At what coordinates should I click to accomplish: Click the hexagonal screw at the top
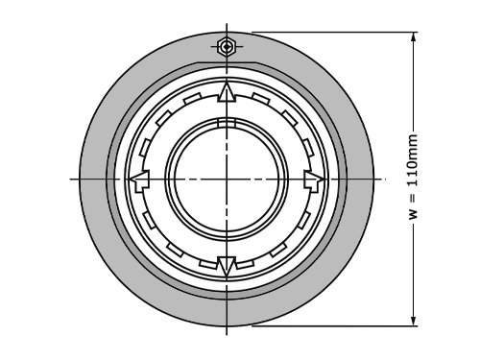click(227, 46)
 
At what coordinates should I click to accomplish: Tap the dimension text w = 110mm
click(413, 177)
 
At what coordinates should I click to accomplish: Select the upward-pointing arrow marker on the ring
click(227, 92)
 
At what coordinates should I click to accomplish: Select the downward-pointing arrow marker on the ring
click(227, 266)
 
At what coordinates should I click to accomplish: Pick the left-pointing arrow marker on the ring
click(139, 180)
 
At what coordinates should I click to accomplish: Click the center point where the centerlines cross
click(227, 179)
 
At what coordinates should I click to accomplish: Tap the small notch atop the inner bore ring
click(227, 123)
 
